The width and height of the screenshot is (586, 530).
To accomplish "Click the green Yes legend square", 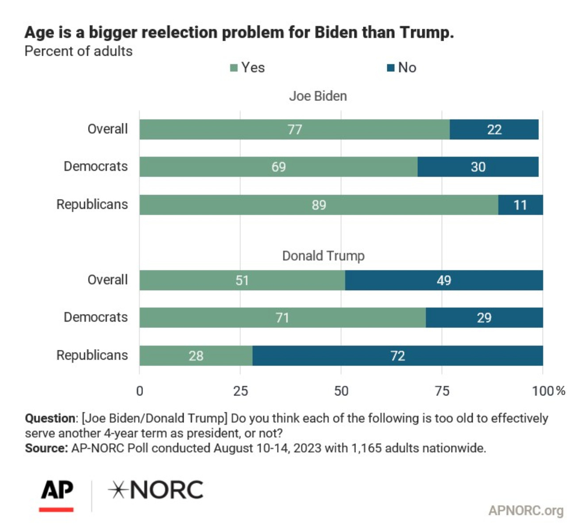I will tap(234, 68).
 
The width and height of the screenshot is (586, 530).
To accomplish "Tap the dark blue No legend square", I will tap(390, 68).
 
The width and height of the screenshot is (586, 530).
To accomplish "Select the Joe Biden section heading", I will tap(318, 96).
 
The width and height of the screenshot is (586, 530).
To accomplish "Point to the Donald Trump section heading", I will tap(323, 256).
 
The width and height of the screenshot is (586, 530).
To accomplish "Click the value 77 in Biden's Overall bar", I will tap(295, 130).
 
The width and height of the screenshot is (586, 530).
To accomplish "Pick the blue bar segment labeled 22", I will tap(494, 130).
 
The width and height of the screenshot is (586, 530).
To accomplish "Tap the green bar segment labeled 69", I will tap(278, 167).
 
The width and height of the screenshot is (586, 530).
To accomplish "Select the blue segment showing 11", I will tap(520, 205).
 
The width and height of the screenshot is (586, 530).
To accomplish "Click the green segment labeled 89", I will tap(319, 205).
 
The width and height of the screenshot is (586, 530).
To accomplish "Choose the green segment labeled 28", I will tap(196, 356).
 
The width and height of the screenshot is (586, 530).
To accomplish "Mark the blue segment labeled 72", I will tap(397, 356).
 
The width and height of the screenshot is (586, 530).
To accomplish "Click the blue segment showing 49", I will tap(443, 280).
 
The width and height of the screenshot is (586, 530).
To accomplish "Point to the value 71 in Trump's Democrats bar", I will tap(282, 318).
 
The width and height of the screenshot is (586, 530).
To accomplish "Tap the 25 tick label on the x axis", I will tap(240, 391).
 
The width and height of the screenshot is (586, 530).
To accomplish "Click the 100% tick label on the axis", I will tap(548, 391).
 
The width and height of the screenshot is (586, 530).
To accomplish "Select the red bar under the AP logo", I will tap(56, 510).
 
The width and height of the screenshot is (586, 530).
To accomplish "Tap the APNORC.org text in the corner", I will tap(526, 511).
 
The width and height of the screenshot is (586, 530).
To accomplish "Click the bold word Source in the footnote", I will tap(45, 448).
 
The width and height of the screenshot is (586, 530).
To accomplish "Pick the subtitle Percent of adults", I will tap(78, 51).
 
